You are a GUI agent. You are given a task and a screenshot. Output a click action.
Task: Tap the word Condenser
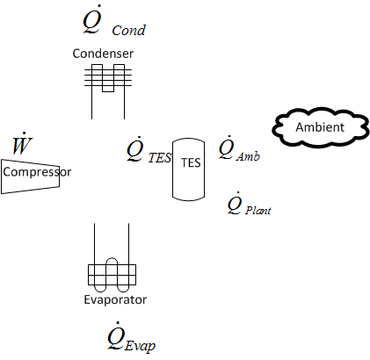(103, 54)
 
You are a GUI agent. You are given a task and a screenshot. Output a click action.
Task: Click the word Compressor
(36, 172)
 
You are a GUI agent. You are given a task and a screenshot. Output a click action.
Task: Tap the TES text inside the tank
(190, 162)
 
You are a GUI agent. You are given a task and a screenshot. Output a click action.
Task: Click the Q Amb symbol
(237, 148)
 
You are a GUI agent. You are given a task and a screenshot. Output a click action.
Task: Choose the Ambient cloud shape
(320, 128)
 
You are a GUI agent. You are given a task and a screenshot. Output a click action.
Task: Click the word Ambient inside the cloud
(320, 128)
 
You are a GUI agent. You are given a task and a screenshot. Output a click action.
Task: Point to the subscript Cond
(128, 31)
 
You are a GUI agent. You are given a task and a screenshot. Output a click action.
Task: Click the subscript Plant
(258, 211)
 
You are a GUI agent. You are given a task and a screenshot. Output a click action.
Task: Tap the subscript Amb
(248, 156)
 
